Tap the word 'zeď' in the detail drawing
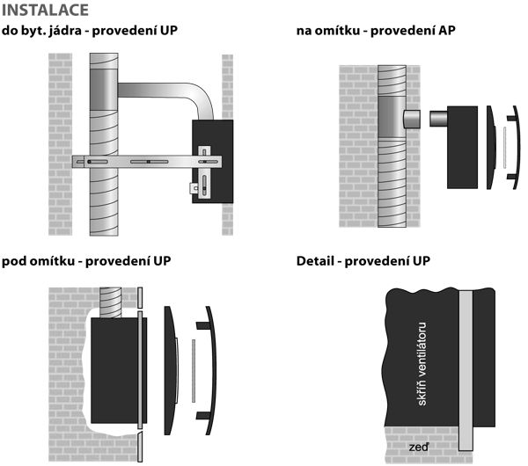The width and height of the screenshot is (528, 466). pos(418,448)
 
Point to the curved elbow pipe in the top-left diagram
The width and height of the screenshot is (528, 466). pos(176,91)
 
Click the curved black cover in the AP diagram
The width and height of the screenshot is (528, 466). pos(492,148)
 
